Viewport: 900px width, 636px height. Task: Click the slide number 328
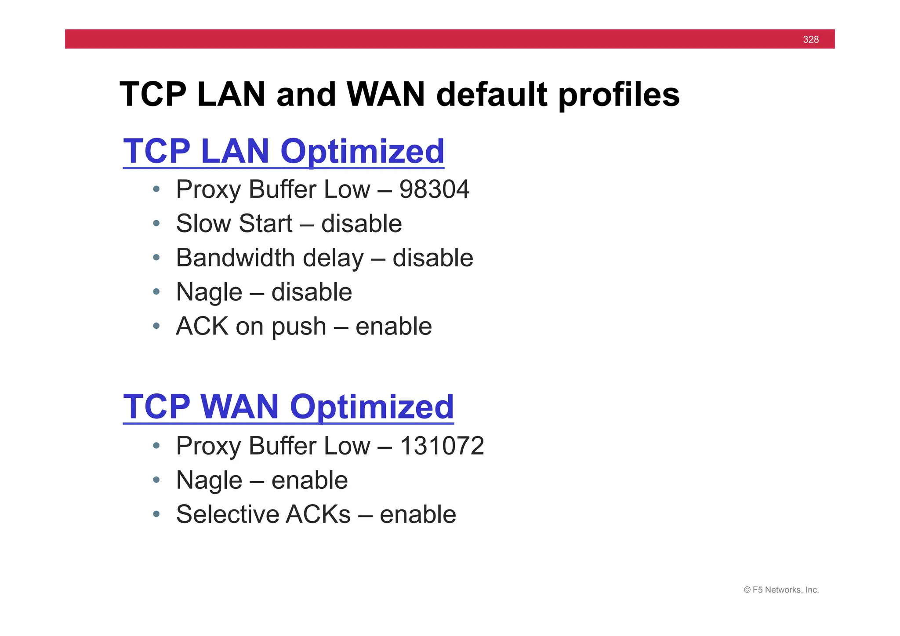[x=810, y=40]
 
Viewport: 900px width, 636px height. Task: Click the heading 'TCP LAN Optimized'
[x=283, y=151]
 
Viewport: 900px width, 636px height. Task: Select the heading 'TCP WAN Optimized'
[x=288, y=407]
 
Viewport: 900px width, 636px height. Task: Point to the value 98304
[x=434, y=189]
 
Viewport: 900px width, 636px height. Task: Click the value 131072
[x=442, y=446]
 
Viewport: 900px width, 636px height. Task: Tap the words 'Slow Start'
[x=234, y=223]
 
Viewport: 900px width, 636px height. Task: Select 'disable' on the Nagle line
[x=312, y=292]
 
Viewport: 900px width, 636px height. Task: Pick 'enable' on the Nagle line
[x=309, y=480]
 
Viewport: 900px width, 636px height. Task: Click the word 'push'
[x=299, y=327]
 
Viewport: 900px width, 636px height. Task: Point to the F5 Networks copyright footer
[x=781, y=590]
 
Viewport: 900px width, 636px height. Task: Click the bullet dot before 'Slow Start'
[x=156, y=224]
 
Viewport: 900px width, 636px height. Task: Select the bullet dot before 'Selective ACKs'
[x=156, y=514]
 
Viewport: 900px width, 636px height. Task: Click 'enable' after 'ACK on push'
[x=393, y=326]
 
